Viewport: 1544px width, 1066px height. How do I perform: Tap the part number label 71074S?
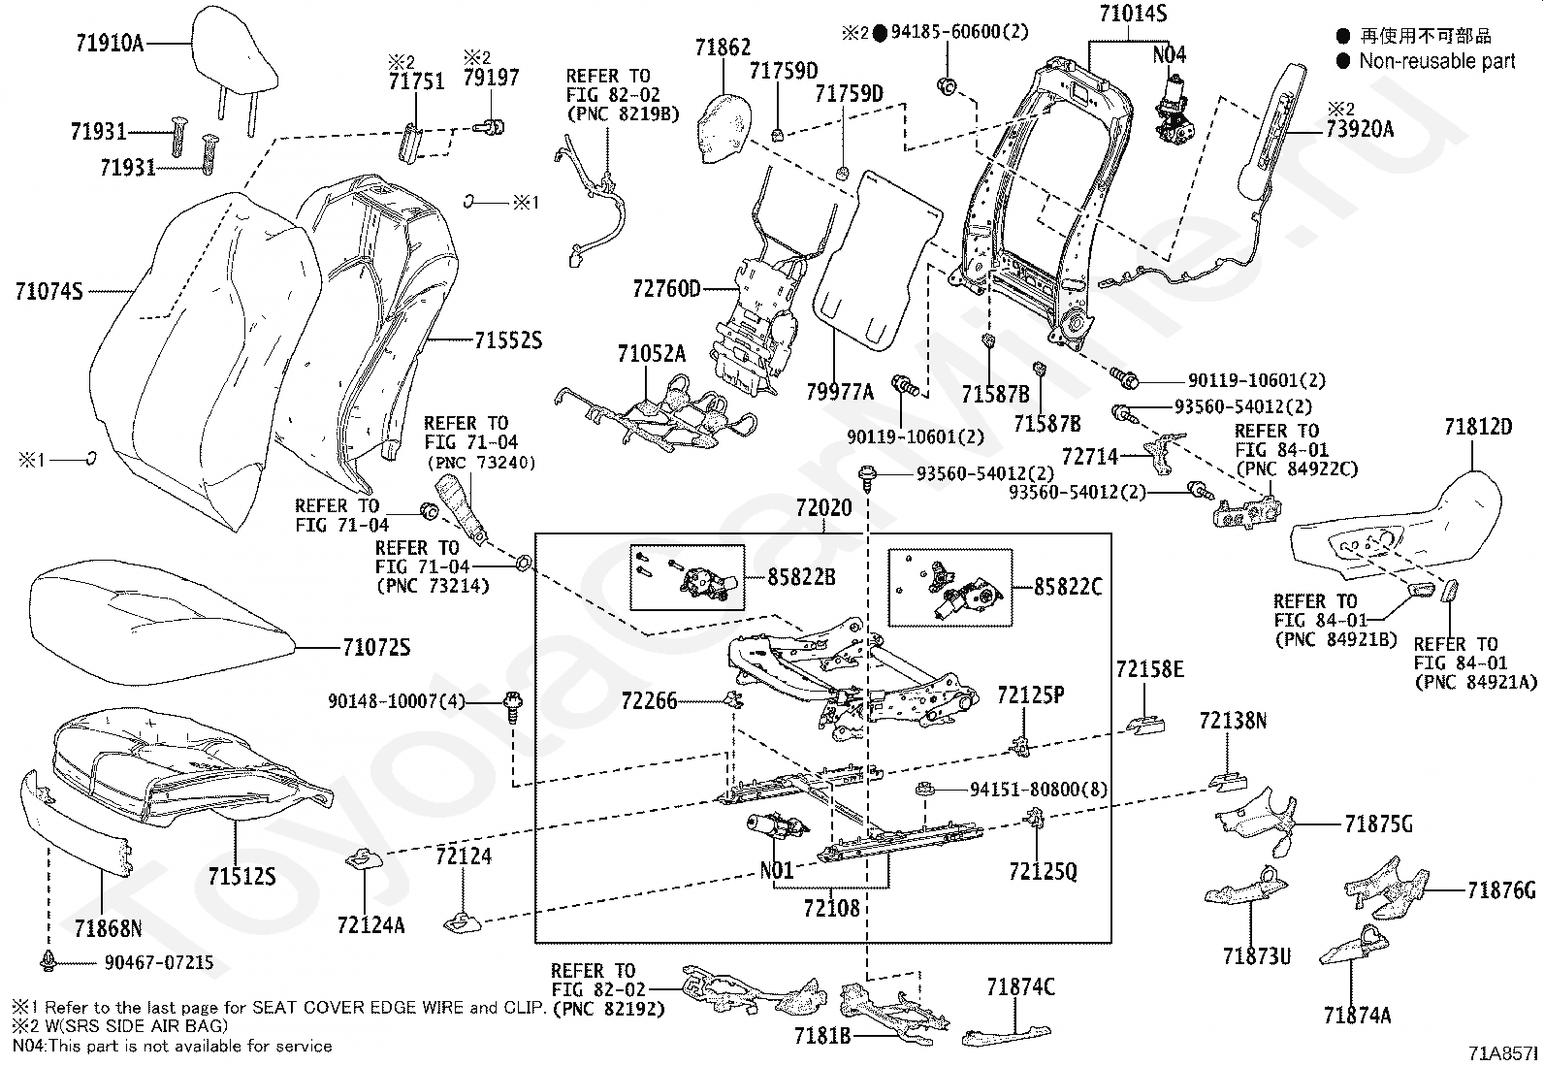(48, 291)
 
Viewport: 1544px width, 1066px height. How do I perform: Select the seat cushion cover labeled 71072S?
(163, 622)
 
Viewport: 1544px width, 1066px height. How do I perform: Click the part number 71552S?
(508, 339)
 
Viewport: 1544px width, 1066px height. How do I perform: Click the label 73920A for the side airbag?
(1360, 129)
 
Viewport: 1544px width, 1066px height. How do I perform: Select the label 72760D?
(666, 288)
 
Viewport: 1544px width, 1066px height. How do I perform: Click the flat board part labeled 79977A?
(877, 262)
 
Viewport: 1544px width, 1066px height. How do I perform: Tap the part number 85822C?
(1068, 587)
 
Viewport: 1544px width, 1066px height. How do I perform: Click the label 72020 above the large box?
(823, 508)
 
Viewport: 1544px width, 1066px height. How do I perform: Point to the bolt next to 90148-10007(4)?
(513, 706)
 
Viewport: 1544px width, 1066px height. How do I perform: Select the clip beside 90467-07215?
(48, 960)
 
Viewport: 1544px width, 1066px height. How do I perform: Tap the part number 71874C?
(1020, 986)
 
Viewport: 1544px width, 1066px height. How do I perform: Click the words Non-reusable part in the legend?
(1437, 61)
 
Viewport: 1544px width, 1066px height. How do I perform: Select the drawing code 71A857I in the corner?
(1503, 1052)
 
